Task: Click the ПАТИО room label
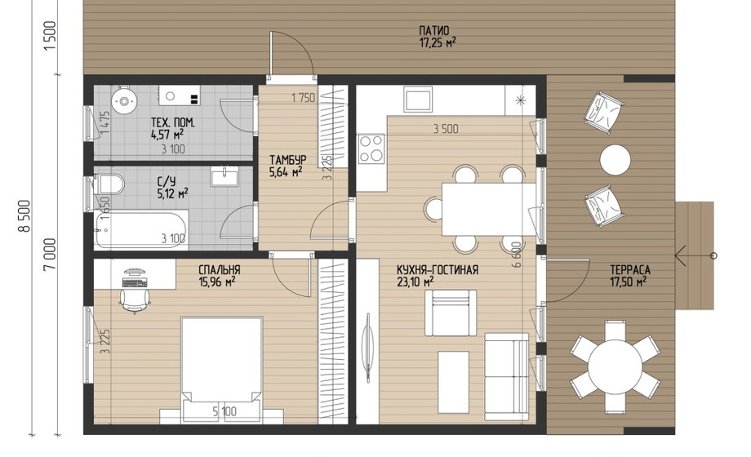434,31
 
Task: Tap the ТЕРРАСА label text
630,269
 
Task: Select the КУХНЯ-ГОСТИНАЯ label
438,269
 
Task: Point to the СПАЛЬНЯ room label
219,269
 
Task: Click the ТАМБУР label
287,159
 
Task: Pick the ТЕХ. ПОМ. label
173,122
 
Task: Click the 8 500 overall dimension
24,216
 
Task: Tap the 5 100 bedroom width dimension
224,411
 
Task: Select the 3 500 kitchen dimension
446,128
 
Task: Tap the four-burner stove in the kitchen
371,149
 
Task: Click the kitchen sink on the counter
418,99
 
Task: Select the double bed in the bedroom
221,370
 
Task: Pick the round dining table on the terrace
615,366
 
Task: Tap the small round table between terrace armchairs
615,159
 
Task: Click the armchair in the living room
451,313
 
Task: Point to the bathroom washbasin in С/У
224,176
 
